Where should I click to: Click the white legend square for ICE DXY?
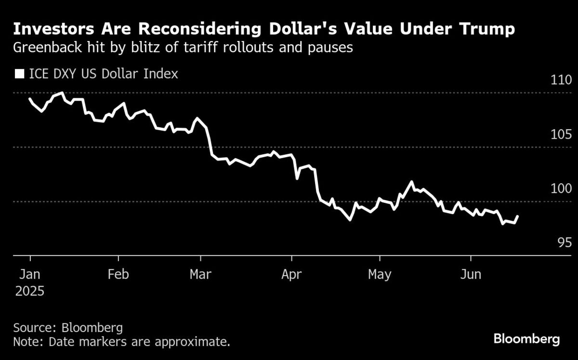[20, 74]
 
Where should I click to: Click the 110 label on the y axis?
[561, 80]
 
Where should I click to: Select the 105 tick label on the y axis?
[561, 134]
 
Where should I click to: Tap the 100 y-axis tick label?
[561, 188]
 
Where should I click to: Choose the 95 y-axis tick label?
[565, 242]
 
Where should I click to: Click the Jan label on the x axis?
[29, 274]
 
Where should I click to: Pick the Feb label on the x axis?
[118, 274]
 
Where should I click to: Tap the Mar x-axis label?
[200, 274]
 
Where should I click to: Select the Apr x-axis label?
[291, 274]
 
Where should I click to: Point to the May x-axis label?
[380, 274]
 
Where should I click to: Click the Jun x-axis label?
[471, 274]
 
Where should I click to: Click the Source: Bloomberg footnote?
[68, 328]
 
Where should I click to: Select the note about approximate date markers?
[121, 342]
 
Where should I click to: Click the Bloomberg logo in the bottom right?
[526, 339]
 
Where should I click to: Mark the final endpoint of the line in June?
[518, 216]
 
